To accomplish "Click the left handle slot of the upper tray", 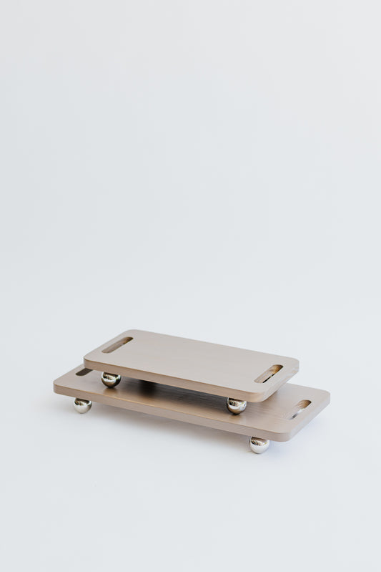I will (x=117, y=344).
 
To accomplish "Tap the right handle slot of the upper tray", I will (x=269, y=374).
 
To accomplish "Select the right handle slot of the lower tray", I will (x=300, y=409).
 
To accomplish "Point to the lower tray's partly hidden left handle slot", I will (x=84, y=372).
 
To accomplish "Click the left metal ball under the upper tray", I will (x=110, y=379).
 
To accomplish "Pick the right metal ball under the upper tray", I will (x=237, y=405).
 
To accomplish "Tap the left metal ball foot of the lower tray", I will (x=82, y=405).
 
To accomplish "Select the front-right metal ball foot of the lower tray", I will (x=259, y=445).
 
